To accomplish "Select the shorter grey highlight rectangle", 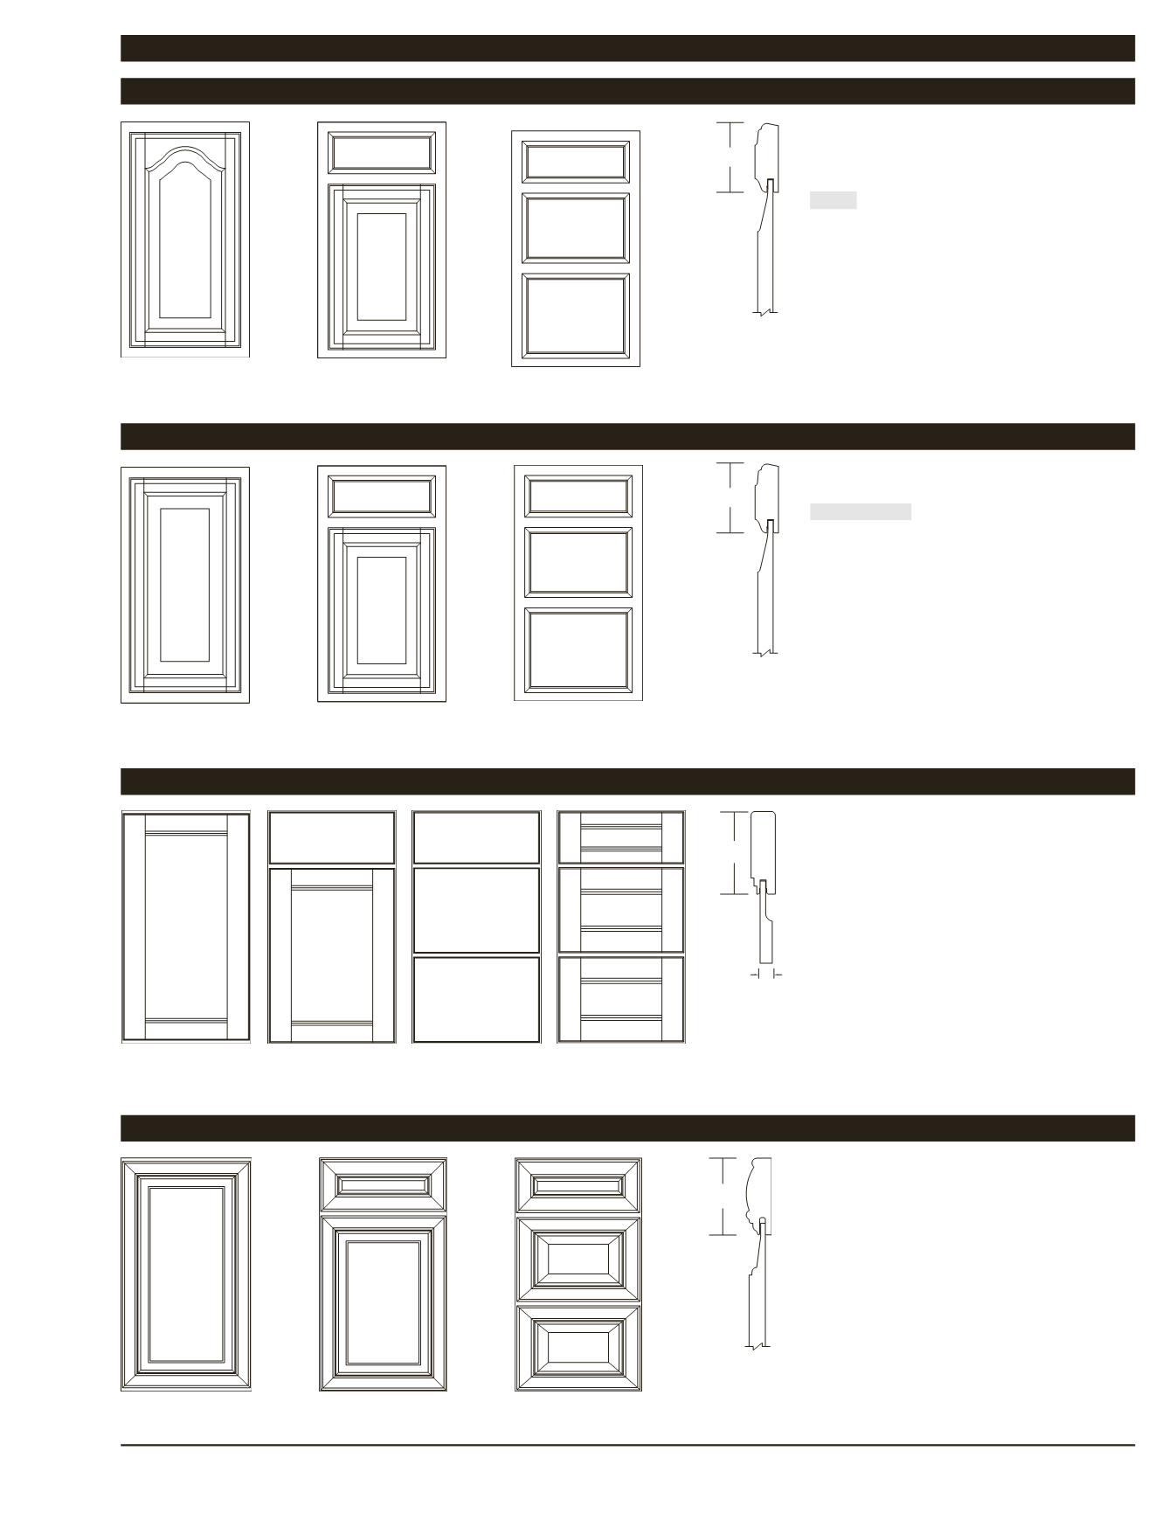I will tap(833, 200).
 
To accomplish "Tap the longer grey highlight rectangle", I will tap(860, 512).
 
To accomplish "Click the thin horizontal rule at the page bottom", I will tap(627, 1445).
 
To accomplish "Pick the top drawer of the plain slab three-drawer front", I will tap(476, 837).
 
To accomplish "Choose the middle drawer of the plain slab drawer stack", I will tap(476, 910).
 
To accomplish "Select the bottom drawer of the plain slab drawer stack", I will tap(476, 1000).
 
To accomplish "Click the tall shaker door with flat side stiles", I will tap(185, 927).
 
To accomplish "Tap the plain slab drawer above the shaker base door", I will tap(332, 837).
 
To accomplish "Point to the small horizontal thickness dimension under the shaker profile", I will tap(766, 973).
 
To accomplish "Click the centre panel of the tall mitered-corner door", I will tap(185, 1274).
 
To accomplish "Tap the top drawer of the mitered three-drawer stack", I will tap(578, 1185).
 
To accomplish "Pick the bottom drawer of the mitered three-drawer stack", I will tap(578, 1347).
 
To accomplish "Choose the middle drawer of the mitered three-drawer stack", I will tap(578, 1259).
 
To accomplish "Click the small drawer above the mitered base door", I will tap(383, 1185).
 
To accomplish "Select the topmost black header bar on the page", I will tap(627, 48).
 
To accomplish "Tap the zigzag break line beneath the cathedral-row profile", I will tap(764, 312).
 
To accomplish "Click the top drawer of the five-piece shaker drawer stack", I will tap(621, 837).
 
